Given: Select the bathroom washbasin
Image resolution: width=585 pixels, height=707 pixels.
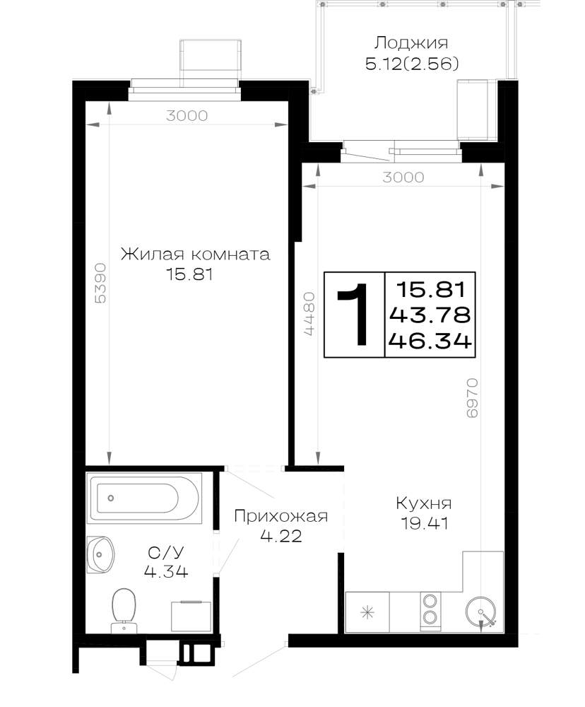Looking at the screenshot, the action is click(x=100, y=554).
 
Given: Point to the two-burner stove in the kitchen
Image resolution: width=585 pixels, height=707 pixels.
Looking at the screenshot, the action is click(x=430, y=611).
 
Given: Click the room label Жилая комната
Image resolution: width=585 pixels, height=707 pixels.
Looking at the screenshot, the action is click(x=196, y=255).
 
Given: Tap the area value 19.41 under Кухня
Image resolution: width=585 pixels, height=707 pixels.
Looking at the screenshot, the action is click(x=425, y=523).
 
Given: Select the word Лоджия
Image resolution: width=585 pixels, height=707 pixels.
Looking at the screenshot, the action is click(x=411, y=43).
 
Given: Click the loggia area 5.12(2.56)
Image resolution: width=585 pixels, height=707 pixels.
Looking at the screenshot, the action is click(x=412, y=64).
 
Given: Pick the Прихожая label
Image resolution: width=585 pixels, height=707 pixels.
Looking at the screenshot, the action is click(x=280, y=516).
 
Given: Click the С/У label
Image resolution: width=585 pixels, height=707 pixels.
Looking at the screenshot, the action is click(x=166, y=552).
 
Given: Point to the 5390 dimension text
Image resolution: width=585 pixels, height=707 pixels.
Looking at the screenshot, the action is click(x=100, y=284).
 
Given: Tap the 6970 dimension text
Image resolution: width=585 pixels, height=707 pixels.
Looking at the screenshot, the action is click(x=471, y=397).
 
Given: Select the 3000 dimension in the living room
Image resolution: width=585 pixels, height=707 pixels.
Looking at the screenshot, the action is click(x=187, y=116).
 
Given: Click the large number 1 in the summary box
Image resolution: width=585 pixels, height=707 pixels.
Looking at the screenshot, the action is click(x=355, y=314).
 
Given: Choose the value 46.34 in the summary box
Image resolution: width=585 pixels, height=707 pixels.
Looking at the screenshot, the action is click(x=430, y=341).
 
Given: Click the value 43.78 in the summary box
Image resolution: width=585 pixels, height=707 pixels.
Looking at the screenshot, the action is click(x=430, y=315).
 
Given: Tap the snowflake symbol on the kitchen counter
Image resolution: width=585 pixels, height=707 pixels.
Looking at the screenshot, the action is click(x=367, y=612).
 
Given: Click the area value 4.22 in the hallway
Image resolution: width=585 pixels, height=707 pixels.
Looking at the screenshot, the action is click(x=280, y=536).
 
